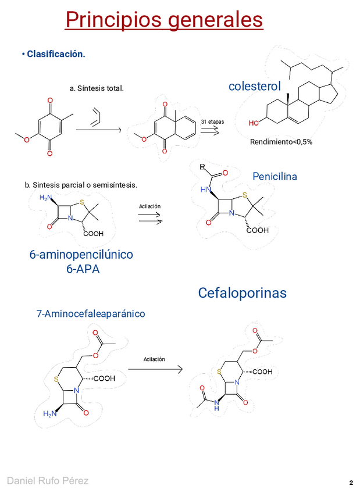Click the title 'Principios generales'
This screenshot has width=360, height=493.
(164, 20)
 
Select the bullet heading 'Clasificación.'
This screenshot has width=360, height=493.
(55, 54)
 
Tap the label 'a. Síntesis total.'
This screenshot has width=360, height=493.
(97, 88)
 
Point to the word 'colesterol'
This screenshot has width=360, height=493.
(255, 87)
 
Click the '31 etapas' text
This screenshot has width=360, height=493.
(212, 122)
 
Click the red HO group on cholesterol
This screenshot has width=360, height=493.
(254, 123)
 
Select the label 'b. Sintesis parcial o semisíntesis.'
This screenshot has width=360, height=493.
(81, 185)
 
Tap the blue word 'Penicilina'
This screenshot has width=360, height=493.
(275, 176)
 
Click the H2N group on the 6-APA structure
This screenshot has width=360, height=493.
(45, 198)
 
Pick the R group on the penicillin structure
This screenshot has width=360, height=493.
(201, 167)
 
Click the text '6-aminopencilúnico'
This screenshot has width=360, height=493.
(81, 255)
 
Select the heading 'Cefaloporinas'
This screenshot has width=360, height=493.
(242, 293)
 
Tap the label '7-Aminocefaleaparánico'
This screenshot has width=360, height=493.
(91, 314)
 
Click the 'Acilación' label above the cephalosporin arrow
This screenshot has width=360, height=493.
(154, 359)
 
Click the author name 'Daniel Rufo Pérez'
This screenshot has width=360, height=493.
(48, 480)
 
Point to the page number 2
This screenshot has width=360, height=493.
(351, 483)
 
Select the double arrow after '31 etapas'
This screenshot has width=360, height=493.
(211, 132)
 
